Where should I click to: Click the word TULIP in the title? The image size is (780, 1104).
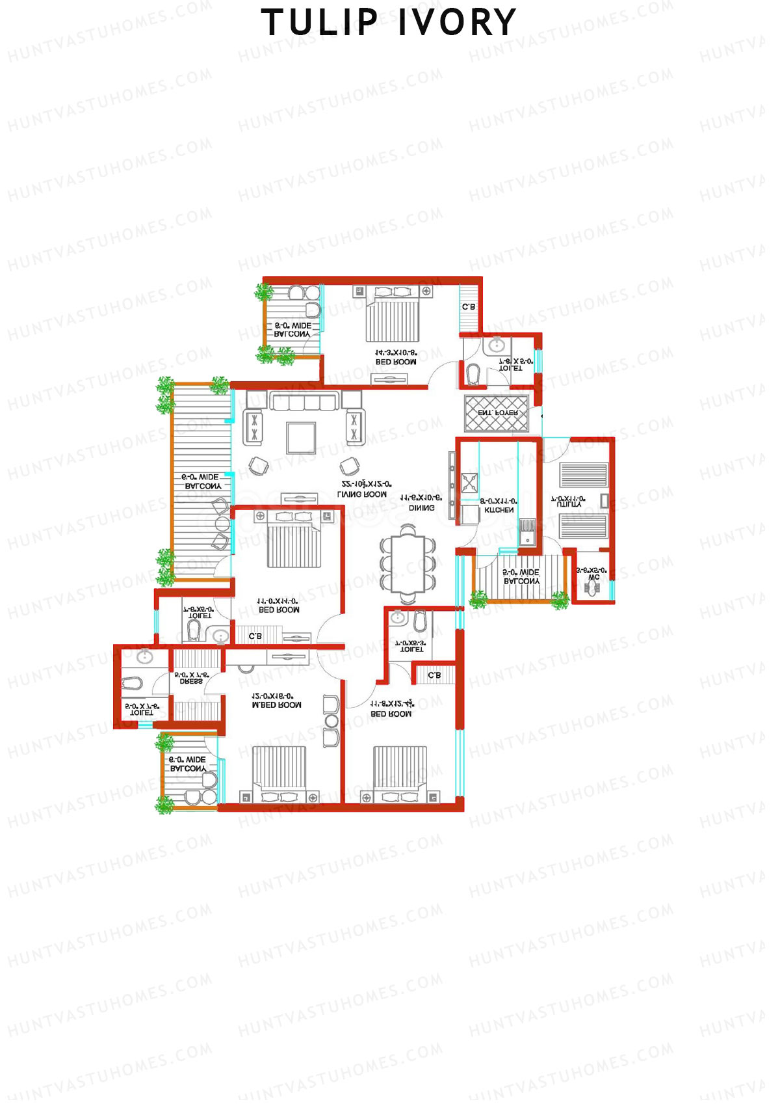[x=319, y=23]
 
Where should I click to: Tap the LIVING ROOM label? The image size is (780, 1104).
[x=361, y=494]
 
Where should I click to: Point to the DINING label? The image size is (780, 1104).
[x=421, y=507]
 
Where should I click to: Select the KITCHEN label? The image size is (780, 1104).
[x=499, y=510]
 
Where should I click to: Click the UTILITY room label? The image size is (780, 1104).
[x=567, y=504]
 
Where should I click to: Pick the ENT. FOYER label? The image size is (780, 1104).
[x=497, y=413]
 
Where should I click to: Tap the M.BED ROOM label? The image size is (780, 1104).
[x=276, y=705]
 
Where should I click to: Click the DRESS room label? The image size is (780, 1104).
[x=191, y=681]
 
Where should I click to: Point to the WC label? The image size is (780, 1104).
[x=593, y=577]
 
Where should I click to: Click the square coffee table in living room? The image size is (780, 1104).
[x=301, y=438]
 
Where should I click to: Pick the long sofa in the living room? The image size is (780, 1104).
[x=305, y=401]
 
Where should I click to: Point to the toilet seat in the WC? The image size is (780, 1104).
[x=591, y=588]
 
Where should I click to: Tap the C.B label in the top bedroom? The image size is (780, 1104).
[x=468, y=306]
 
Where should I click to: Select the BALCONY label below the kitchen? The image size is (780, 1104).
[x=521, y=581]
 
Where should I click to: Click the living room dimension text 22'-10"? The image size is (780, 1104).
[x=366, y=484]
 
